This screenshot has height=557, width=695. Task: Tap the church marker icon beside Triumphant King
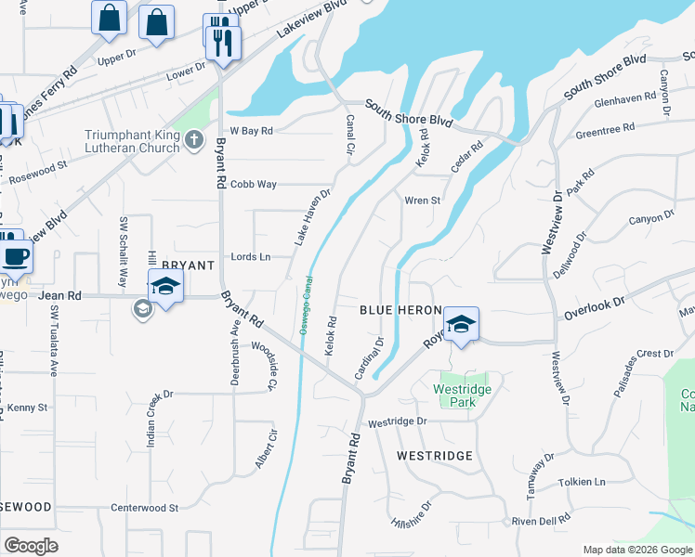193,141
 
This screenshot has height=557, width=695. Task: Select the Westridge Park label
454,396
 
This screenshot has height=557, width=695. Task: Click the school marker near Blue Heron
461,324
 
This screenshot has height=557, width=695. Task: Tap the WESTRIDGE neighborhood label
435,456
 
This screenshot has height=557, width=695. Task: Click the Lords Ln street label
251,256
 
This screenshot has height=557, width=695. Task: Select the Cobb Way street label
254,184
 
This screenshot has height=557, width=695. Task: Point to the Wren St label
421,200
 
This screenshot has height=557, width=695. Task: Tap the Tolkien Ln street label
582,482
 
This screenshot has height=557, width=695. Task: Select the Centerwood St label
144,508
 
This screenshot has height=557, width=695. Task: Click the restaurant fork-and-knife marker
223,43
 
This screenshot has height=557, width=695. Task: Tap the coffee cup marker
14,255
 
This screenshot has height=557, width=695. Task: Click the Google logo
31,546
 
